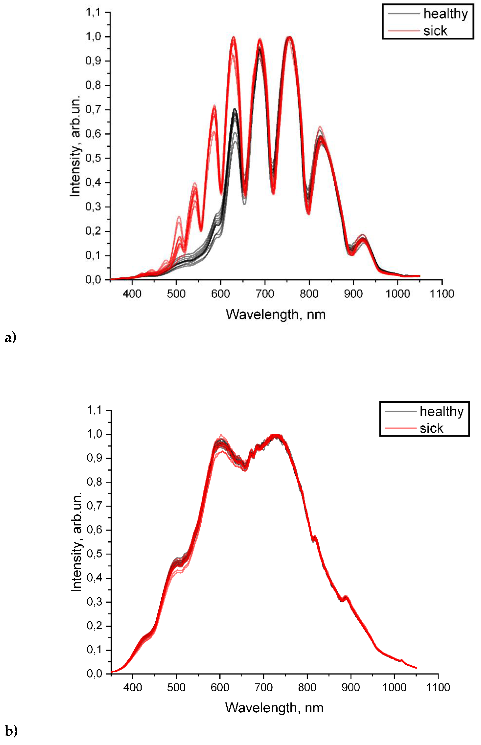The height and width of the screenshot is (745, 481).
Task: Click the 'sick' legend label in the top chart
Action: click(x=435, y=31)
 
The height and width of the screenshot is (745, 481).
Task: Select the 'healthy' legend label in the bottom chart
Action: click(x=441, y=412)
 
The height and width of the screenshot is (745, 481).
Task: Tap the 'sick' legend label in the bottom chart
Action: click(x=431, y=428)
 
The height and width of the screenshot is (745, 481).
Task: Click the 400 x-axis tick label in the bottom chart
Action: click(x=133, y=688)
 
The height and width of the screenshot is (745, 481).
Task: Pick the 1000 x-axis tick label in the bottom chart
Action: click(x=394, y=688)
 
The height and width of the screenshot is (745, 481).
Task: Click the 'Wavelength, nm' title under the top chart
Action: click(x=275, y=314)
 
